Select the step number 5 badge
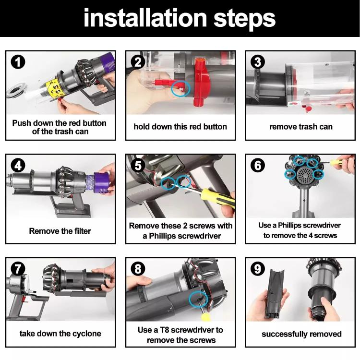pyautogui.click(x=138, y=166)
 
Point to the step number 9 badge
pyautogui.click(x=258, y=269)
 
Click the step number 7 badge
pyautogui.click(x=18, y=269)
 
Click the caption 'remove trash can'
pyautogui.click(x=300, y=127)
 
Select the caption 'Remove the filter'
pyautogui.click(x=60, y=231)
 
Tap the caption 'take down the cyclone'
pyautogui.click(x=60, y=334)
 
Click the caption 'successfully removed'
pyautogui.click(x=301, y=334)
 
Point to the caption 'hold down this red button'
pyautogui.click(x=180, y=127)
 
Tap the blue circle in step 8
pyautogui.click(x=195, y=298)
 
